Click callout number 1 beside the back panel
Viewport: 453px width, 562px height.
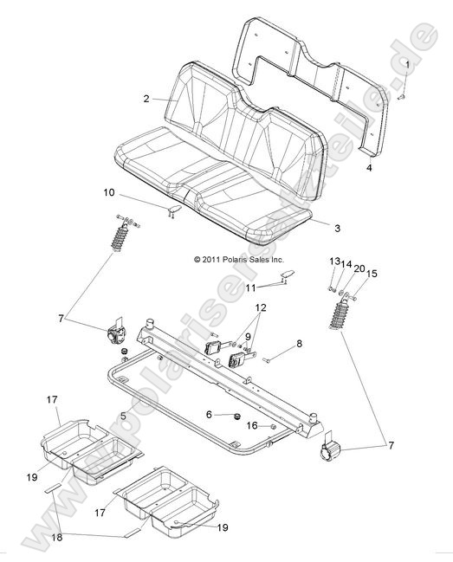(x=408, y=64)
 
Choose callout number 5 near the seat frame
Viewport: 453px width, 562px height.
(x=123, y=416)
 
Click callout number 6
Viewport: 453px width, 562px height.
(x=208, y=415)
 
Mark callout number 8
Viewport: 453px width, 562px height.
(x=275, y=344)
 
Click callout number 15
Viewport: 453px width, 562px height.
(x=372, y=274)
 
